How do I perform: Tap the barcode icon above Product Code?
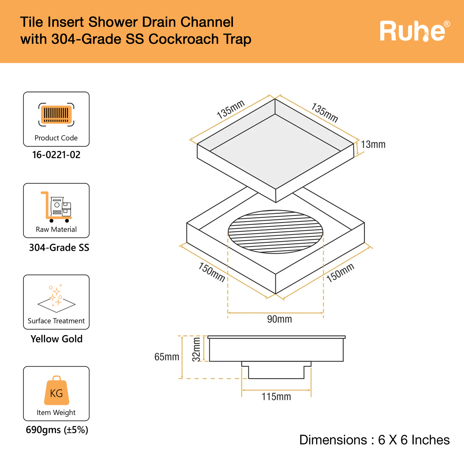(x=56, y=114)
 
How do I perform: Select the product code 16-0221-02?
(x=56, y=155)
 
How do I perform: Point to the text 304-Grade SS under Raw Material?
(x=59, y=247)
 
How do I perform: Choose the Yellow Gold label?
(x=57, y=339)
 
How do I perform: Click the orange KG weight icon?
(x=56, y=391)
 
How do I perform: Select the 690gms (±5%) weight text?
(x=57, y=430)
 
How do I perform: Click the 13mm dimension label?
(x=373, y=144)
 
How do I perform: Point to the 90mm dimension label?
(x=279, y=319)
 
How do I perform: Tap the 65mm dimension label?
(x=167, y=357)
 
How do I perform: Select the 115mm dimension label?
(x=276, y=397)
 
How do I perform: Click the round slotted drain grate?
(x=275, y=232)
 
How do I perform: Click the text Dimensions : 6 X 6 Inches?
(x=374, y=440)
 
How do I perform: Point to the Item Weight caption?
(x=56, y=413)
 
